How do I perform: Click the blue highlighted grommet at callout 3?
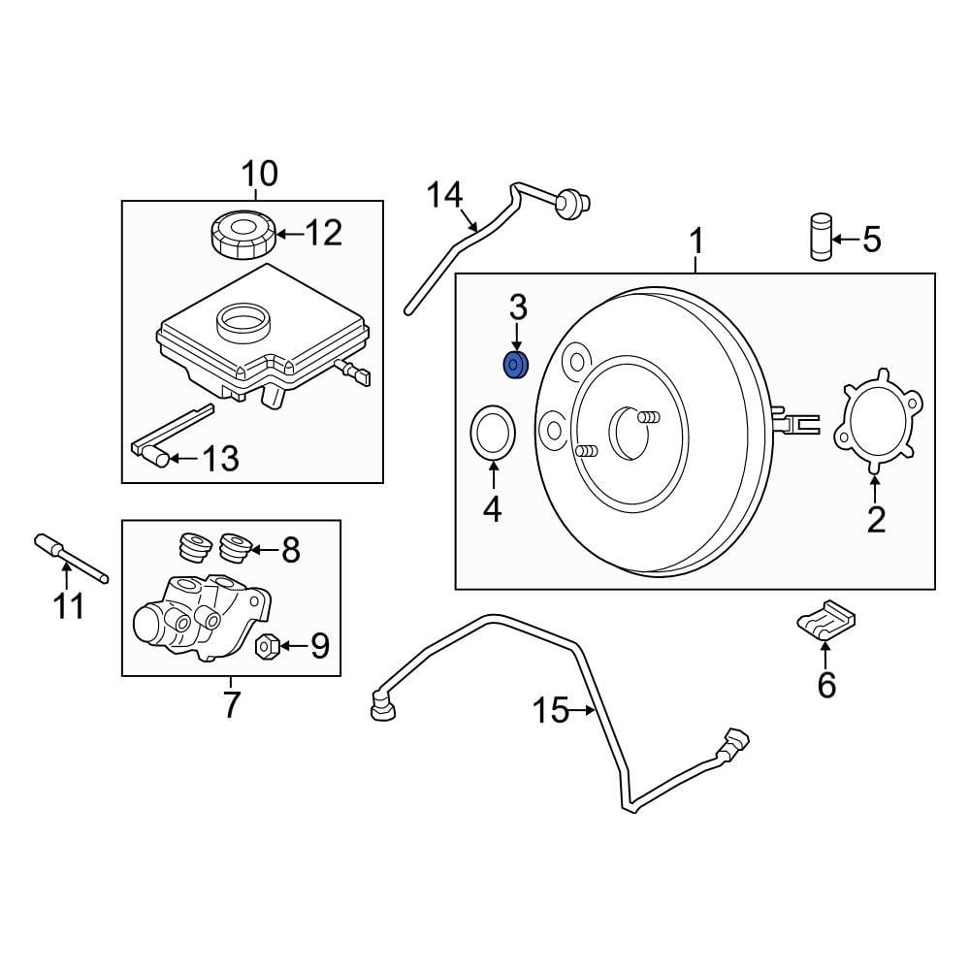click(515, 366)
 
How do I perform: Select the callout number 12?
click(325, 233)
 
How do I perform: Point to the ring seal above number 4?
click(493, 433)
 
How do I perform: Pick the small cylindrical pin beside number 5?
click(822, 237)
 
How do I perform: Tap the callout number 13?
click(220, 458)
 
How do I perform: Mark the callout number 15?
click(550, 711)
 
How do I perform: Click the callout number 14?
click(446, 196)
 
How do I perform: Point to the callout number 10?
click(259, 174)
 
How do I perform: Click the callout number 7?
click(231, 705)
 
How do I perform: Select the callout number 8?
click(290, 551)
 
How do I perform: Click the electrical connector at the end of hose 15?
click(733, 747)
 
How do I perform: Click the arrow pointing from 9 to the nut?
click(289, 644)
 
